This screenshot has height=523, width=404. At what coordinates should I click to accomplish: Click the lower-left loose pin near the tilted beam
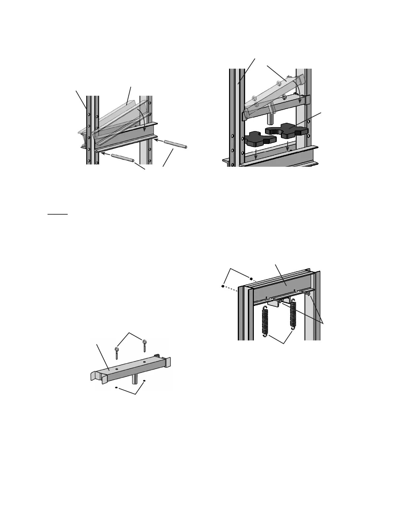tap(122, 158)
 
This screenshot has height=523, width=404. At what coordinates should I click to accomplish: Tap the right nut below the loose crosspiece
tap(145, 381)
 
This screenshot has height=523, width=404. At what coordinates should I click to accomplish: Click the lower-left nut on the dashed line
tap(223, 286)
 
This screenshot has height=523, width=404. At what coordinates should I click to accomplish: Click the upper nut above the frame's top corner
tap(252, 278)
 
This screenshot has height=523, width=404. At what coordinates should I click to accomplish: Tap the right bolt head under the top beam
tap(308, 293)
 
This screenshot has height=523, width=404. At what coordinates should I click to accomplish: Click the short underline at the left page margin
tap(57, 214)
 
